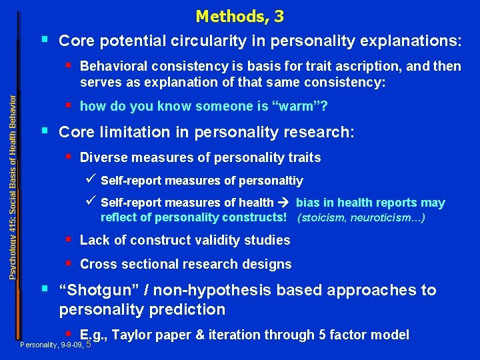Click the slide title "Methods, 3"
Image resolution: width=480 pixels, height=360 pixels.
pos(239,15)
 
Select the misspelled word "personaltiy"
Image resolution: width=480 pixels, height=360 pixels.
pos(270,181)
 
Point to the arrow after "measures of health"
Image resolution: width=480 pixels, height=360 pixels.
pos(285,203)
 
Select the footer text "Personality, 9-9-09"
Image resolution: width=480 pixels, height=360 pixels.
pos(52,345)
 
